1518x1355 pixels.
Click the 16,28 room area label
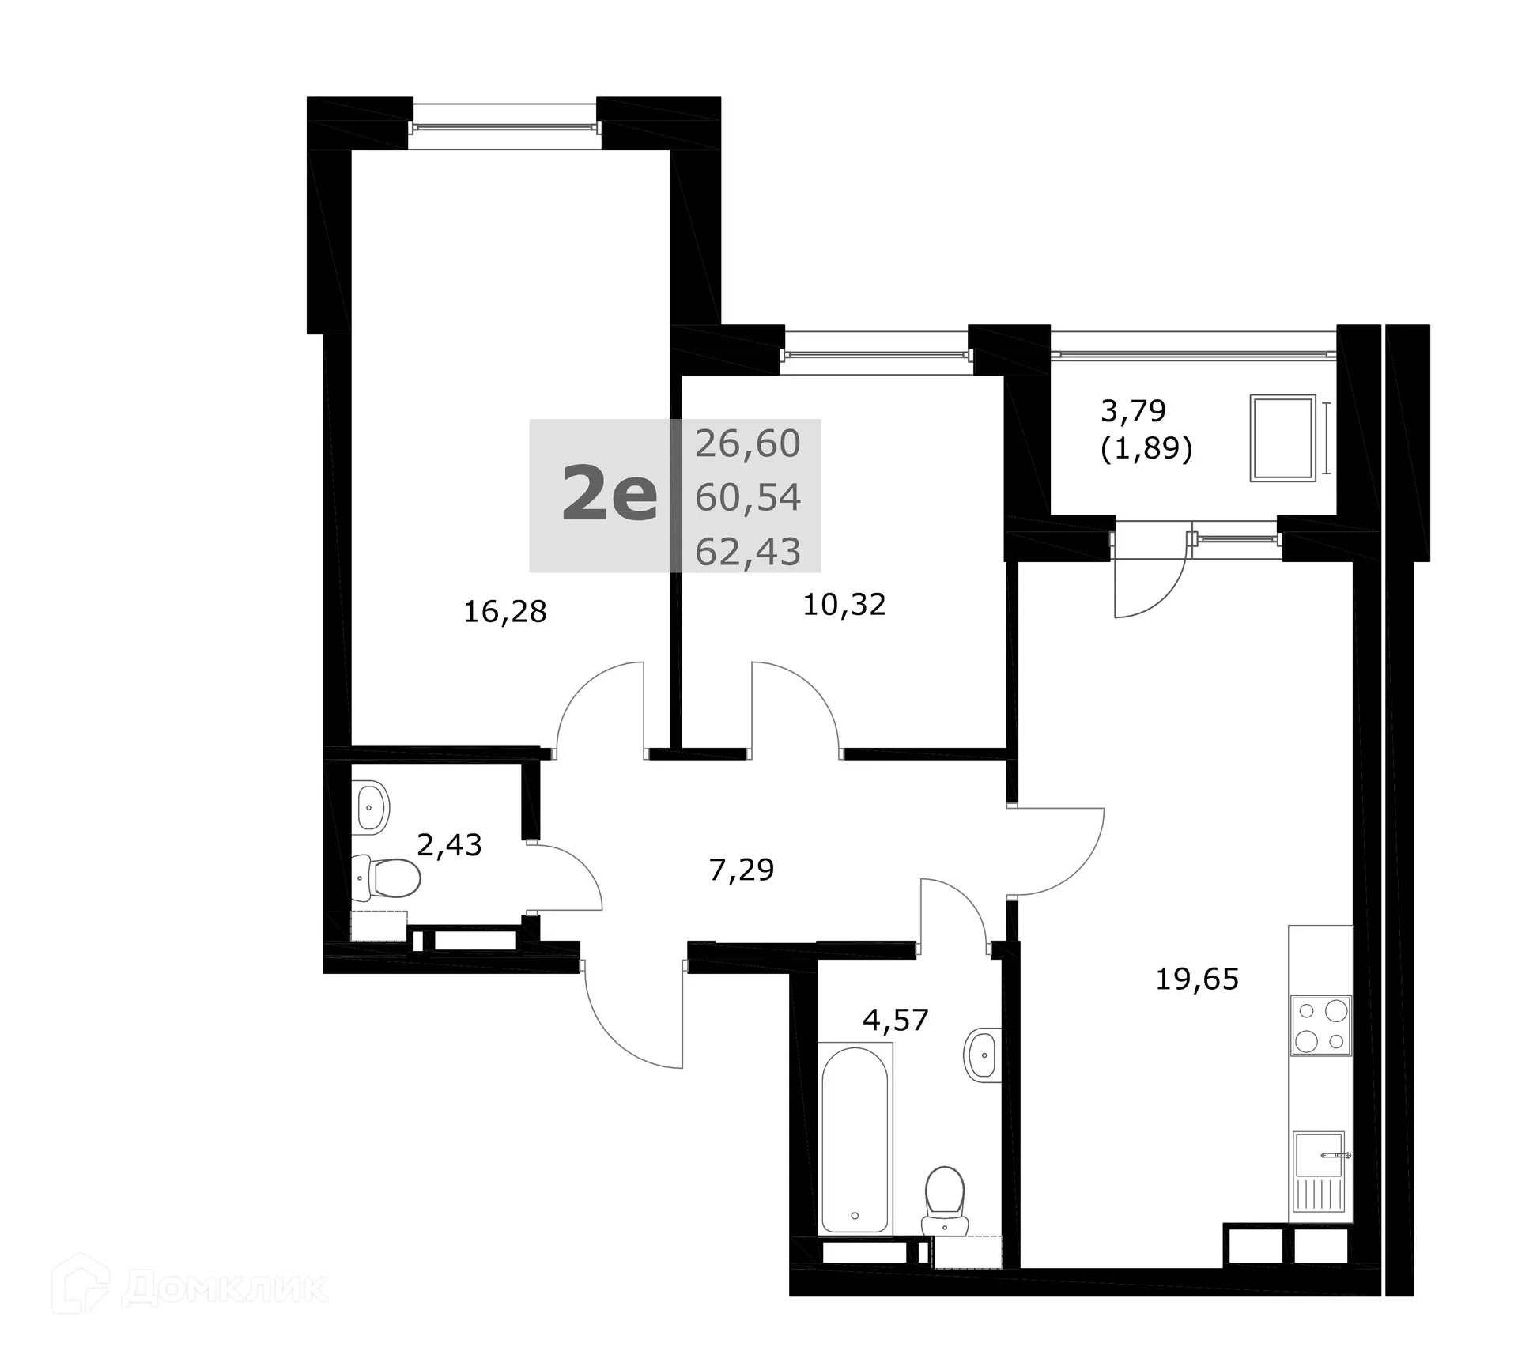pyautogui.click(x=504, y=612)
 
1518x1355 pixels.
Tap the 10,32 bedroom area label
pyautogui.click(x=844, y=605)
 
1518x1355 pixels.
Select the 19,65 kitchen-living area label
pyautogui.click(x=1196, y=979)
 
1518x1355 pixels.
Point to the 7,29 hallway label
pyautogui.click(x=741, y=870)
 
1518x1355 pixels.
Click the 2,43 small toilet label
pyautogui.click(x=449, y=845)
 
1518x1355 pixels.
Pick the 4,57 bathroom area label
pyautogui.click(x=895, y=1020)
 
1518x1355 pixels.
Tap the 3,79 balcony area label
pyautogui.click(x=1133, y=411)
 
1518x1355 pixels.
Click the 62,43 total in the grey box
pyautogui.click(x=747, y=551)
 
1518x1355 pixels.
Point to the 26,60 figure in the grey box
pyautogui.click(x=747, y=443)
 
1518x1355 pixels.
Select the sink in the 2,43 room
pyautogui.click(x=371, y=807)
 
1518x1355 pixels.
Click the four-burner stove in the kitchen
pyautogui.click(x=1321, y=1025)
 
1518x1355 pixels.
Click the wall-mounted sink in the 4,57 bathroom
pyautogui.click(x=983, y=1054)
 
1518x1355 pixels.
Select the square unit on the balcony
pyautogui.click(x=1282, y=438)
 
